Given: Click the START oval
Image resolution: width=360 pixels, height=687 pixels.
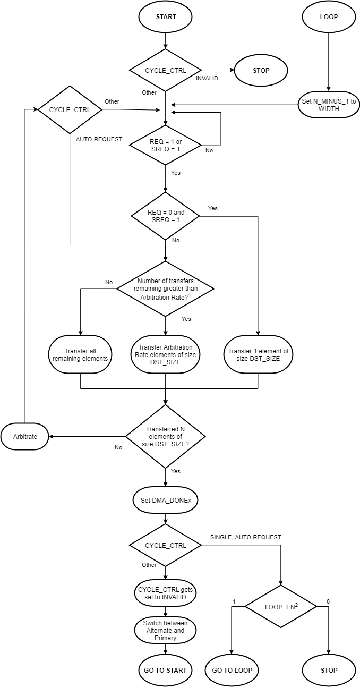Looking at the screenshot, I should coord(166,17).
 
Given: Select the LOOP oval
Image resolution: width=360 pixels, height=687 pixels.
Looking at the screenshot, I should coord(329,17).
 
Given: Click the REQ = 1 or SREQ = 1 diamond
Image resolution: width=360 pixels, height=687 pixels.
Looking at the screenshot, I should coord(166,145).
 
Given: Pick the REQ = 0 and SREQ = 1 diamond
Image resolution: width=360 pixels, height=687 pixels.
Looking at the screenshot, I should coord(166,216).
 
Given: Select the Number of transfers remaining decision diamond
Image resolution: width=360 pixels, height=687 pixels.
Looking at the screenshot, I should coord(166,289).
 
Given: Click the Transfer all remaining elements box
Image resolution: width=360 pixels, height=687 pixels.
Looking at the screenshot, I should coord(80,354).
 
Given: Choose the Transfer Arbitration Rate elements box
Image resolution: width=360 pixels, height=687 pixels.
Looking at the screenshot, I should coord(166,354).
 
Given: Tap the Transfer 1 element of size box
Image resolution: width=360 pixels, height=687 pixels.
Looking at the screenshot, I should coord(258,354).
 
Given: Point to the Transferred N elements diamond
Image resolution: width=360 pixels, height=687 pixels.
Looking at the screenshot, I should coord(166,437).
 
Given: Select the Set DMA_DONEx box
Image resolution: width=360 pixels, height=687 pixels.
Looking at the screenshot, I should coord(166,500).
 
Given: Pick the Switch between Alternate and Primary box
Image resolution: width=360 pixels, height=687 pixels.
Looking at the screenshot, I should coord(166,631).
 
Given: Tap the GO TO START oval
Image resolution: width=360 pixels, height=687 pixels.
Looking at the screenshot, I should coord(166,670).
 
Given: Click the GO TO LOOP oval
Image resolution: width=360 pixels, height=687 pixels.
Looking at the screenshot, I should coord(232,670).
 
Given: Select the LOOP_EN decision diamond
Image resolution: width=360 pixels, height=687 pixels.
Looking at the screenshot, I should coord(280,606).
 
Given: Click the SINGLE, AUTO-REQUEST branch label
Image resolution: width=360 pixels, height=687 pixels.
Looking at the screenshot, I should coord(242,537).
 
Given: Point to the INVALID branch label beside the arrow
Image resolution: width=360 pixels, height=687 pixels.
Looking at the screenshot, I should coord(207,78).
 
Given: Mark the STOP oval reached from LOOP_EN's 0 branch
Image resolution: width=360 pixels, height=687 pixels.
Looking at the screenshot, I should coord(329,670).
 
